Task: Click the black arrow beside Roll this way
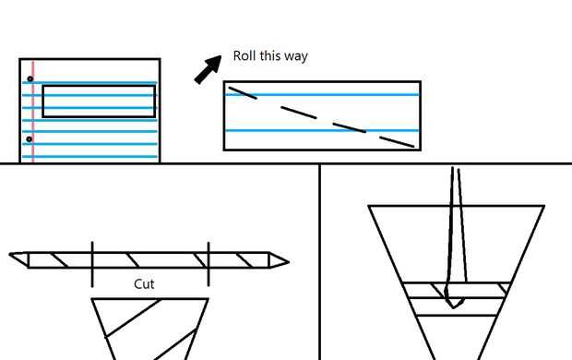209,69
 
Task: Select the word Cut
144,284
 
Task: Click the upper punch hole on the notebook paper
30,78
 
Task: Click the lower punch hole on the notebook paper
30,139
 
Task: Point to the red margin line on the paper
33,111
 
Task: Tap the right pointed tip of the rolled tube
289,262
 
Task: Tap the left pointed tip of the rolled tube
9,254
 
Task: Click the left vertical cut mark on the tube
92,264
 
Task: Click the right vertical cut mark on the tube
209,264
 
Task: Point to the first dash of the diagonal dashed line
243,92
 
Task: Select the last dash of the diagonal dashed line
397,142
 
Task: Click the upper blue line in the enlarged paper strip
323,95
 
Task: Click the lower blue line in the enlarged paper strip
323,130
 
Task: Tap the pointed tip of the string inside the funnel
453,307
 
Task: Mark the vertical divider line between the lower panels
320,262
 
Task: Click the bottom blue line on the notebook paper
89,157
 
